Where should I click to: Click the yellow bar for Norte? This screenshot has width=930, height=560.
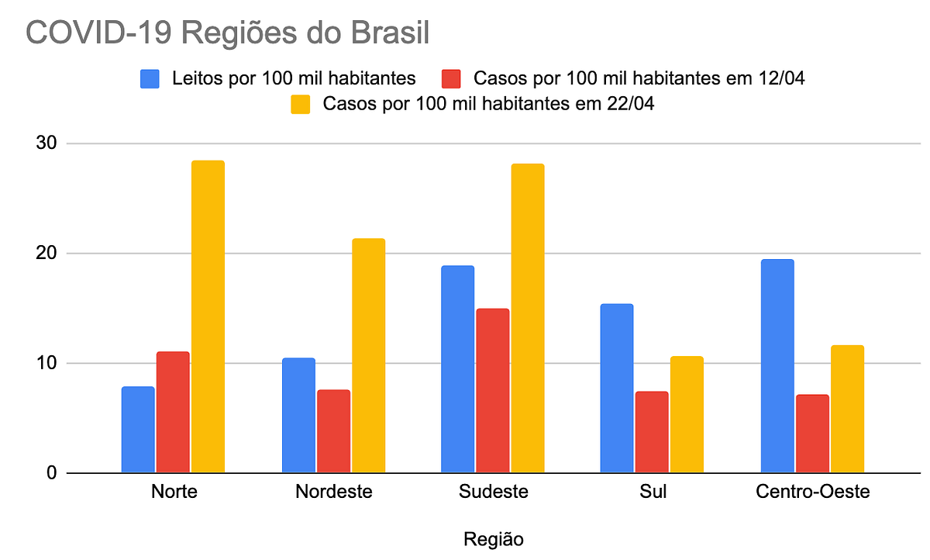tap(208, 316)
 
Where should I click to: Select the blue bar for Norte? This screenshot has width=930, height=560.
tap(138, 430)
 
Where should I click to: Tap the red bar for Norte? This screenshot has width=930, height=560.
tap(173, 412)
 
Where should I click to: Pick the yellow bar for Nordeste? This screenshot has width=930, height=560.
tap(369, 355)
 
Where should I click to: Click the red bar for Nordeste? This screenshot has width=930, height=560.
tap(333, 431)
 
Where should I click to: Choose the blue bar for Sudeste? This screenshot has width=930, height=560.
tap(457, 369)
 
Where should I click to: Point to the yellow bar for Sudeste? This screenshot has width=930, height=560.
tap(528, 318)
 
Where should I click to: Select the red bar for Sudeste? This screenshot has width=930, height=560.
tap(492, 390)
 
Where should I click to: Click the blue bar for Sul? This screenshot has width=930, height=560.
tap(617, 388)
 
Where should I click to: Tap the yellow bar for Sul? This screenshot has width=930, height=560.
tap(687, 415)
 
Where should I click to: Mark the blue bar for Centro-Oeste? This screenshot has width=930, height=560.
tap(777, 366)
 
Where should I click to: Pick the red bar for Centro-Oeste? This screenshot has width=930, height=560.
tap(812, 434)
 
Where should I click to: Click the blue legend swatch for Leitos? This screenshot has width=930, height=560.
tap(150, 79)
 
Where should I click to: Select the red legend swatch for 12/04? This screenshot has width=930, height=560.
tap(451, 79)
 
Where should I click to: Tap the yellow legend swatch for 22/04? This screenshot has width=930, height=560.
tap(300, 104)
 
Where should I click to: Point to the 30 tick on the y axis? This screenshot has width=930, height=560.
tap(46, 143)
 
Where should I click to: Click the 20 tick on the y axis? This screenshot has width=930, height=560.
tap(46, 253)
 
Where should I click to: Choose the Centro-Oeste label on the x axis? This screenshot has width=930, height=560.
tap(812, 492)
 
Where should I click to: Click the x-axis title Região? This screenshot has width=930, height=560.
tap(493, 540)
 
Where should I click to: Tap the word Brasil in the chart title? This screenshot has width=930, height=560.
tap(390, 33)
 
